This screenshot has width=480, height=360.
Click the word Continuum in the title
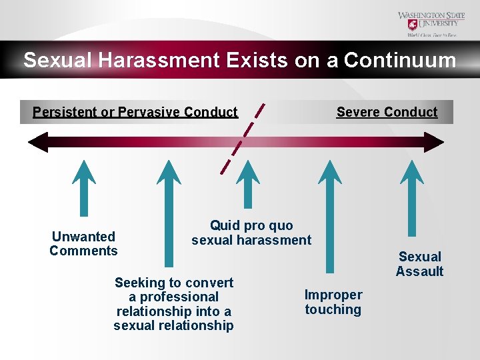[x=400, y=61]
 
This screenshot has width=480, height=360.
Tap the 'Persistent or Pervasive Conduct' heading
[x=135, y=112]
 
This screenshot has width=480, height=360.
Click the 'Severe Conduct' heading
[x=387, y=112]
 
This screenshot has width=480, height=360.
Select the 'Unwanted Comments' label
[x=83, y=243]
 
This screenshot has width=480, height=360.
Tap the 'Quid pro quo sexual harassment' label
[x=251, y=233]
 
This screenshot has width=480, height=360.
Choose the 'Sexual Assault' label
[x=419, y=264]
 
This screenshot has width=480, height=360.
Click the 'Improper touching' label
[x=333, y=302]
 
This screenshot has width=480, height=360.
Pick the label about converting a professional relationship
[x=173, y=304]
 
